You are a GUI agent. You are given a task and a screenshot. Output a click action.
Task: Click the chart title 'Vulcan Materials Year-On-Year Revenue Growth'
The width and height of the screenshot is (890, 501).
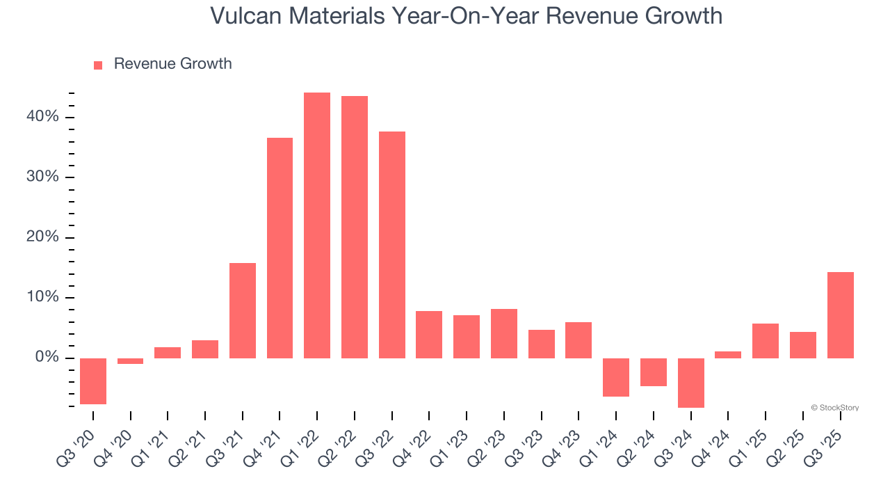click(466, 16)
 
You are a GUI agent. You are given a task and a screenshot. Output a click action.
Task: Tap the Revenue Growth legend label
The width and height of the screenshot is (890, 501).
click(172, 64)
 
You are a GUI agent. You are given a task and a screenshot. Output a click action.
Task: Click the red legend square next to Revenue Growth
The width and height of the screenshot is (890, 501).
click(98, 65)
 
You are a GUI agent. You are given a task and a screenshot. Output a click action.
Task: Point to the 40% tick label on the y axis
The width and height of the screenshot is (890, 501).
click(43, 117)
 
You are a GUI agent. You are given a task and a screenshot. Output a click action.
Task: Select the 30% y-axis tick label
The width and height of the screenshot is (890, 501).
click(43, 177)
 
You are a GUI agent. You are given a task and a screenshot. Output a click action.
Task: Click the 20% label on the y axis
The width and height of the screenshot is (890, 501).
click(43, 237)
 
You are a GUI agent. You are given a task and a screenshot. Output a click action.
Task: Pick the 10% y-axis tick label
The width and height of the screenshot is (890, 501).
click(43, 298)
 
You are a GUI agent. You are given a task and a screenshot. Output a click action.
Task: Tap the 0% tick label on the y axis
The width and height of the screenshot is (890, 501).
click(47, 358)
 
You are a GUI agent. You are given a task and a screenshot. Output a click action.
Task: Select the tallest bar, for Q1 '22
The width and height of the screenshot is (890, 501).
click(317, 225)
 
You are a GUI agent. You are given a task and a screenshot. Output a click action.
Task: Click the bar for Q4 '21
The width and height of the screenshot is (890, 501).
click(280, 248)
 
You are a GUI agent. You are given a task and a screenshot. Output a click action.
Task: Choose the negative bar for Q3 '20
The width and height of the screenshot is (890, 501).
click(93, 381)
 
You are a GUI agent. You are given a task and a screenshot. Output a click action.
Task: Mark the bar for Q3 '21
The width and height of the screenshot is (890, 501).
click(243, 310)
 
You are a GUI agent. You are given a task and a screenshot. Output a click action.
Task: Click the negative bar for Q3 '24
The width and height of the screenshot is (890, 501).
click(691, 383)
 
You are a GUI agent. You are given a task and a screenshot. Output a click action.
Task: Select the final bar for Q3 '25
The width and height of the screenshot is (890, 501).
click(840, 315)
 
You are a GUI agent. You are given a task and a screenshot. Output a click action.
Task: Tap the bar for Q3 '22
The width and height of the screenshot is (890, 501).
click(392, 245)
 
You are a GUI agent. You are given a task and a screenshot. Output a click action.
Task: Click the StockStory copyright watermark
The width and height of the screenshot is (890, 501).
click(834, 408)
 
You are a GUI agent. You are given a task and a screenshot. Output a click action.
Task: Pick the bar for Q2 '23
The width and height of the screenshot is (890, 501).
click(504, 333)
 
